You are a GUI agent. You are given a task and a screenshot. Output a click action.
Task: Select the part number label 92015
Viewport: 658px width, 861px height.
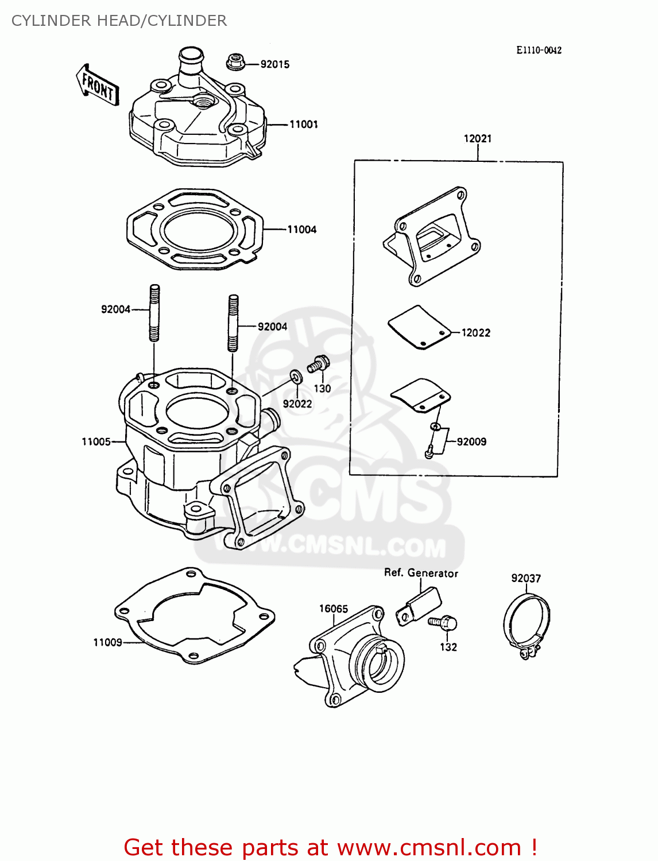pos(274,64)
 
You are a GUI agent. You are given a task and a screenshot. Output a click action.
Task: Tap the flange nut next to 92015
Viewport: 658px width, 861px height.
pos(234,61)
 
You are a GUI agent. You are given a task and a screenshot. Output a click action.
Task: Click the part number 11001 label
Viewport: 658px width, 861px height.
pos(303,124)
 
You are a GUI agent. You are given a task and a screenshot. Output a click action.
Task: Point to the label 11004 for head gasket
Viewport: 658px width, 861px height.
pos(301,230)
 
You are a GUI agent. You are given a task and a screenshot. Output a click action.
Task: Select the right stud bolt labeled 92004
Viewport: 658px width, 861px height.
pos(233,323)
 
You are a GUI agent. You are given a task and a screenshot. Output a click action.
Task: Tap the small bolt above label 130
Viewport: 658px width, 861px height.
pos(318,364)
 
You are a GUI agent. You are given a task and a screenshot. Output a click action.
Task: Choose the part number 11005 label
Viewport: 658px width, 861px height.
pos(96,441)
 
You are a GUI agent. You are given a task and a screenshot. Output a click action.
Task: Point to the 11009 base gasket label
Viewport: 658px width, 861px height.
pos(107,642)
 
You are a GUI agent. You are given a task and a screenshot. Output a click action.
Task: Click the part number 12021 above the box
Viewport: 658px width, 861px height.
pos(477,138)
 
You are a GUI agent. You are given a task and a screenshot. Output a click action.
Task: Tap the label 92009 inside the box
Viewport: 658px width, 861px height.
pos(471,441)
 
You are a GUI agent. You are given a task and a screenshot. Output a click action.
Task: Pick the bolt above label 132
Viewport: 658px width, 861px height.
pos(443,622)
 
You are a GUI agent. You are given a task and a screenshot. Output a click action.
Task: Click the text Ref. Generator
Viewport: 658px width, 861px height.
pos(421,573)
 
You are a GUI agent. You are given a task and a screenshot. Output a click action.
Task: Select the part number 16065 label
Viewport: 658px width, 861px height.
pos(334,608)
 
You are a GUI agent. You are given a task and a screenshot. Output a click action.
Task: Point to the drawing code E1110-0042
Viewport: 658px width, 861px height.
pos(538,51)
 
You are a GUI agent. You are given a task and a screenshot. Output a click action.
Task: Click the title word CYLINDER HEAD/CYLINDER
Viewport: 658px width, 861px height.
pos(119,21)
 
